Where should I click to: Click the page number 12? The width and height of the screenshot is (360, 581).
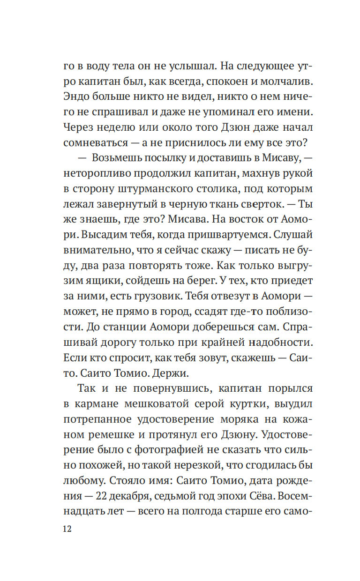point(66,529)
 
